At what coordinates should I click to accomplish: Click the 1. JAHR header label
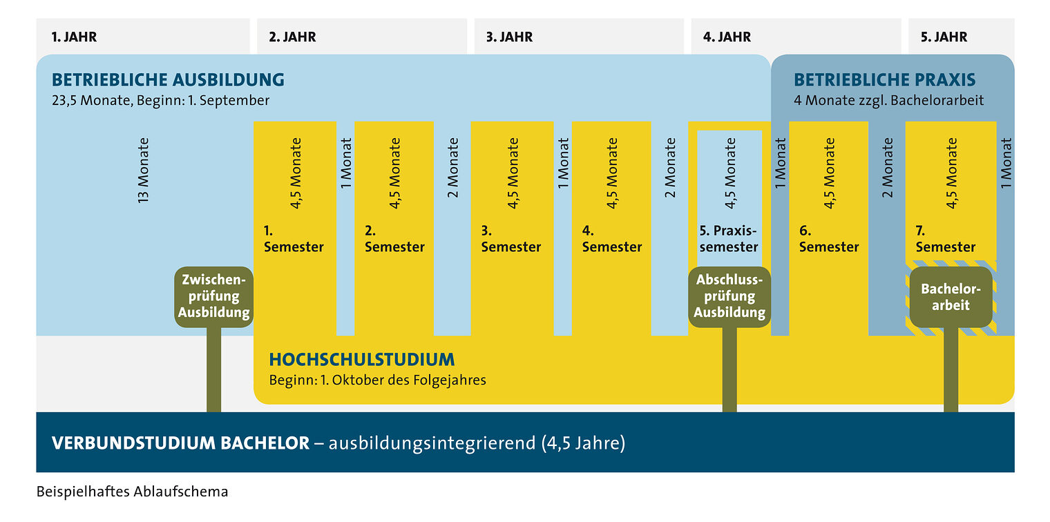(74, 37)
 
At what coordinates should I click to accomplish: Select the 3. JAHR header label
(509, 37)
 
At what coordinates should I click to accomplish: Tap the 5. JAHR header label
(944, 37)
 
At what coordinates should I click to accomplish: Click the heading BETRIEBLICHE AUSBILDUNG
(168, 79)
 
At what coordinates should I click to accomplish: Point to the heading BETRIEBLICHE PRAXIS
(884, 79)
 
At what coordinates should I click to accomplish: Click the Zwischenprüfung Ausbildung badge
(213, 297)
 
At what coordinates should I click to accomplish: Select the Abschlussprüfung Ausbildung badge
(729, 297)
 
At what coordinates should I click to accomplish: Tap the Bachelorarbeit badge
(951, 297)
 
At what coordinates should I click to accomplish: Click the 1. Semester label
(294, 239)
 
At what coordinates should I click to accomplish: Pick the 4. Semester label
(612, 239)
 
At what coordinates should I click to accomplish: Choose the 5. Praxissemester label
(728, 239)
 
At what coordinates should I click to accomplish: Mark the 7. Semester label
(945, 239)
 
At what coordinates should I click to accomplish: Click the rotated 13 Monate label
(143, 171)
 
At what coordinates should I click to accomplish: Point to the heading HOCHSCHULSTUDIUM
(362, 360)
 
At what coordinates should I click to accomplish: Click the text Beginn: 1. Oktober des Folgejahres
(377, 380)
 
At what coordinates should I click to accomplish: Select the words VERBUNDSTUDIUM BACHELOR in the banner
(180, 443)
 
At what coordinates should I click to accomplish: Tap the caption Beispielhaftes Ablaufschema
(132, 492)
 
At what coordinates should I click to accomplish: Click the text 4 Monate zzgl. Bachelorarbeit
(889, 100)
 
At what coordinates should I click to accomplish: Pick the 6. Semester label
(829, 239)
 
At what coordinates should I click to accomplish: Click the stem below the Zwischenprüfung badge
(213, 369)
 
